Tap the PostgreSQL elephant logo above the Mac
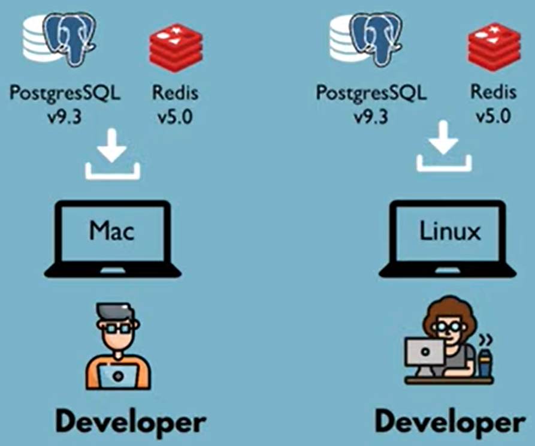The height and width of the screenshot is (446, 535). pyautogui.click(x=71, y=40)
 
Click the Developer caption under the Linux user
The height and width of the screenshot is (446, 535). pyautogui.click(x=449, y=422)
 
